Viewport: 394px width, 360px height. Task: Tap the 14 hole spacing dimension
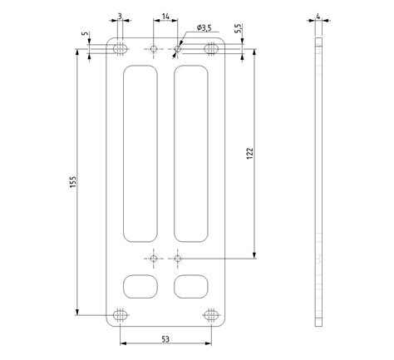point(166,17)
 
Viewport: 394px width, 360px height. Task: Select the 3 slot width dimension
point(121,17)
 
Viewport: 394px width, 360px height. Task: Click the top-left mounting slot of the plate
point(121,49)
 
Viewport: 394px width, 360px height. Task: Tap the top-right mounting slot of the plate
point(212,49)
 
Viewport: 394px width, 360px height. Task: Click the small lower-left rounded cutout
point(140,286)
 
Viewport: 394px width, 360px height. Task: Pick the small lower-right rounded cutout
point(191,286)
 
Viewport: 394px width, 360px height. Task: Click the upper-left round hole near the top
point(154,49)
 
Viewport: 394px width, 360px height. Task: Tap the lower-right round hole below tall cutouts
point(178,259)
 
